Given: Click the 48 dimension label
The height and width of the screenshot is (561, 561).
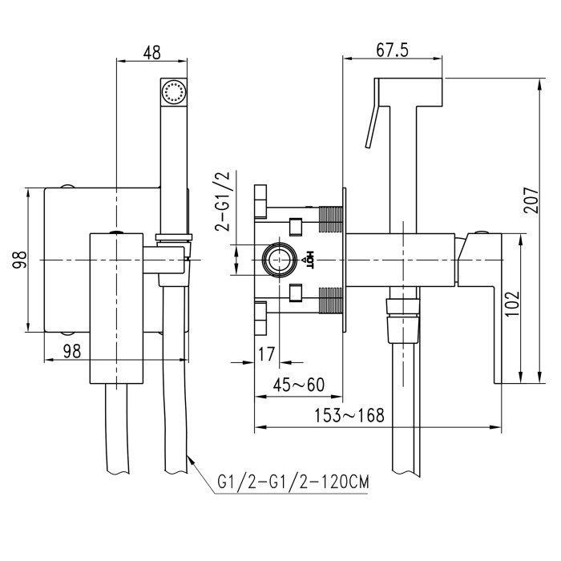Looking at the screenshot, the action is (151, 52).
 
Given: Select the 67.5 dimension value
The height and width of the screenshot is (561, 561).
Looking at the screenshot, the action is (392, 50).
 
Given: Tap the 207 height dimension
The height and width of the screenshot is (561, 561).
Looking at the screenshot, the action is (531, 200).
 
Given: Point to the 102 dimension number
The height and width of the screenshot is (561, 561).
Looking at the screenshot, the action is (512, 304).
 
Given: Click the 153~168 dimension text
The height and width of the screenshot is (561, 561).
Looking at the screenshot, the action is (349, 415).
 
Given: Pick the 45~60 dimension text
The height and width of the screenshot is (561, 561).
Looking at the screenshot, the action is (299, 385).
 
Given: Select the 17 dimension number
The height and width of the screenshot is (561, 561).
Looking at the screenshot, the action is (266, 354).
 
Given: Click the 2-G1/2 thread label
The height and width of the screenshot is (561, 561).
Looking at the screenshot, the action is (222, 201).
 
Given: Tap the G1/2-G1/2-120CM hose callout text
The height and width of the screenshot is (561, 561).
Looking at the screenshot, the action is (293, 482).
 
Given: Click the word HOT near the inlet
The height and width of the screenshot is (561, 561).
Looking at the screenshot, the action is (309, 260).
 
